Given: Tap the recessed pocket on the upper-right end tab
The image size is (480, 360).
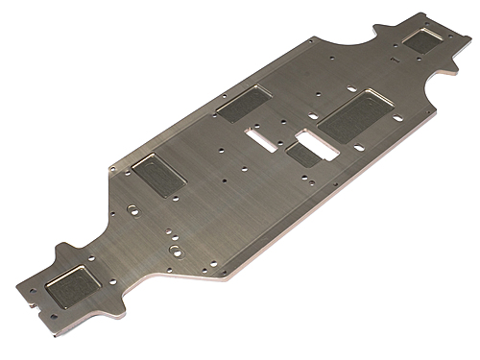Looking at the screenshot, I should tap(422, 39).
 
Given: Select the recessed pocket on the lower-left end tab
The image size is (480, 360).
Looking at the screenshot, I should tap(75, 277).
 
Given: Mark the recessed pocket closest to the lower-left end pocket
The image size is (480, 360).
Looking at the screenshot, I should tap(155, 176).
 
